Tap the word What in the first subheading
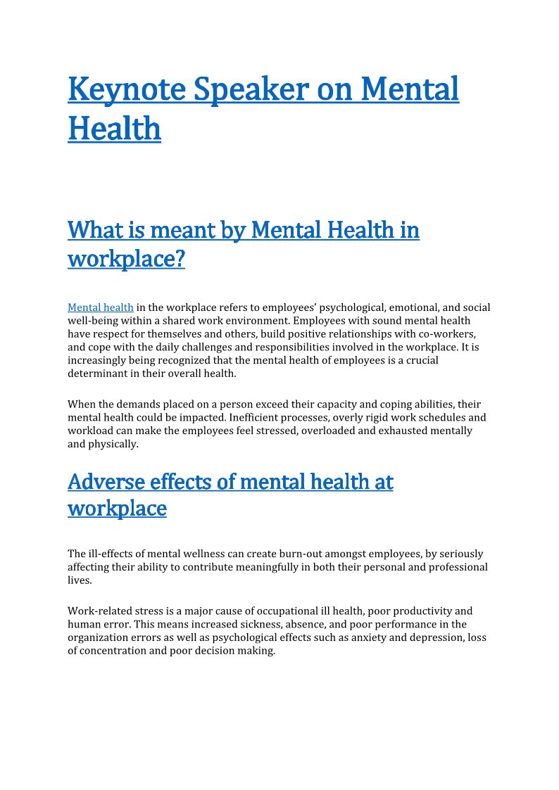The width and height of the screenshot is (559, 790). click(x=94, y=230)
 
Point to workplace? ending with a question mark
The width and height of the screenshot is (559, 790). click(x=127, y=259)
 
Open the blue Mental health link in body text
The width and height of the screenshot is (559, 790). click(x=101, y=307)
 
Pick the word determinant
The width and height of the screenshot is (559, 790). click(x=96, y=374)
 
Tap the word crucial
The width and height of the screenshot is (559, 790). click(x=417, y=360)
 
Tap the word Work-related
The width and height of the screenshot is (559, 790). click(x=98, y=611)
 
